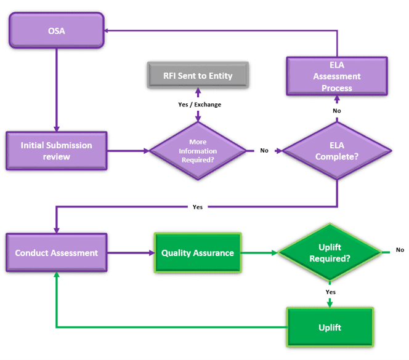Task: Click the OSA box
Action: click(x=56, y=30)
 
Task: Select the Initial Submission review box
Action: click(x=56, y=150)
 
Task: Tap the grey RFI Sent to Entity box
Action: click(x=198, y=76)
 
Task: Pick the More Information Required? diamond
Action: click(x=198, y=151)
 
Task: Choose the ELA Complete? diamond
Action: click(x=337, y=151)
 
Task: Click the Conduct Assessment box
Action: click(x=56, y=252)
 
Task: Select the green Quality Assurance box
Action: click(x=197, y=252)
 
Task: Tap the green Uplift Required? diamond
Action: click(x=330, y=252)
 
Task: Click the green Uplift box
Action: click(x=330, y=327)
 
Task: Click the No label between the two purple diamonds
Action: click(x=264, y=150)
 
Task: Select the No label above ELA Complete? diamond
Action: click(x=337, y=111)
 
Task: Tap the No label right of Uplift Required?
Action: click(x=400, y=250)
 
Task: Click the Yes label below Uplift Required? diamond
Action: click(x=330, y=291)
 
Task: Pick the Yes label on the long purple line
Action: click(x=197, y=207)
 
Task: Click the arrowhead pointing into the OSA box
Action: click(x=107, y=30)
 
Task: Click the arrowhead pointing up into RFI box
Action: click(x=198, y=94)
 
